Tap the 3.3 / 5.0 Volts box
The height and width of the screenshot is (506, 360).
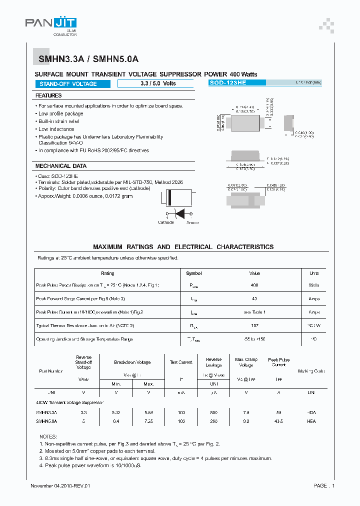[155, 83]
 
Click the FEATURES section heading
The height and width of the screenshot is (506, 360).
[48, 95]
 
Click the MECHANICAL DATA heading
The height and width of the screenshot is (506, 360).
[61, 166]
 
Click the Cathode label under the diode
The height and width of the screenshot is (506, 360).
[166, 222]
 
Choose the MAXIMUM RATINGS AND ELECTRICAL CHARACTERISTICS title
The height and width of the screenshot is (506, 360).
[183, 247]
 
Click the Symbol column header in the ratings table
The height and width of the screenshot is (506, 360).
[194, 273]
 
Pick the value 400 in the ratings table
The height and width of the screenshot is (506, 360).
[254, 285]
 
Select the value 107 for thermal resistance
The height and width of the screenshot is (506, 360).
[254, 325]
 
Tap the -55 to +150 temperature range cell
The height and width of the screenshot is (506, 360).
[254, 339]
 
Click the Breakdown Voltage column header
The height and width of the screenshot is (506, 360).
[132, 362]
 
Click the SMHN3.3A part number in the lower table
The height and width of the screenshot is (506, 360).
[47, 413]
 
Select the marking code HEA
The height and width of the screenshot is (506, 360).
[311, 421]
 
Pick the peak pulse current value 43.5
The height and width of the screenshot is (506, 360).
[279, 421]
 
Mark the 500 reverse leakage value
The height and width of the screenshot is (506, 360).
[213, 413]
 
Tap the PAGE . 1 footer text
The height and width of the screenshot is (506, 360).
[324, 486]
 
